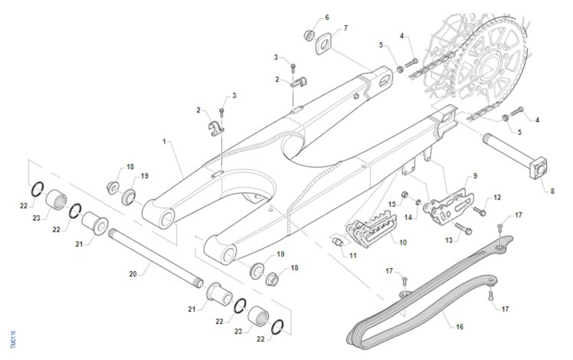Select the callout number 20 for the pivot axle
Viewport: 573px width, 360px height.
coord(133,274)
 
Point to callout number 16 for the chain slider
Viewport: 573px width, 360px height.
coord(460,327)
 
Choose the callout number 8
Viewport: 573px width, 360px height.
coord(552,191)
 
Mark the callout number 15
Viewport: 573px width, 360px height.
coord(392,204)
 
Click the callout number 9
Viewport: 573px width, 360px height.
coord(475,176)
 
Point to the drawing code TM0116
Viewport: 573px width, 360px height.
coord(13,339)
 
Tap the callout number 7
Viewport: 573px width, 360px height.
coord(345,28)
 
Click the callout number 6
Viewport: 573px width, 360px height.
coord(327,17)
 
